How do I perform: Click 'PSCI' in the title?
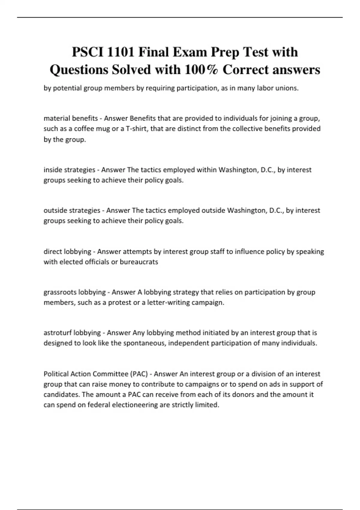click(87, 52)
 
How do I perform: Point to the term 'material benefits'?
click(71, 118)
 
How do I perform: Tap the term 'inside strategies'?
click(69, 170)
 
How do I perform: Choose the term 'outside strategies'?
click(72, 210)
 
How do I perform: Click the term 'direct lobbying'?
click(67, 251)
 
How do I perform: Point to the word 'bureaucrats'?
click(139, 262)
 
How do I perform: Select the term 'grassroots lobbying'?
click(75, 292)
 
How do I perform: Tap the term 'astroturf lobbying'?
click(72, 333)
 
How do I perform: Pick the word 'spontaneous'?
click(144, 343)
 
